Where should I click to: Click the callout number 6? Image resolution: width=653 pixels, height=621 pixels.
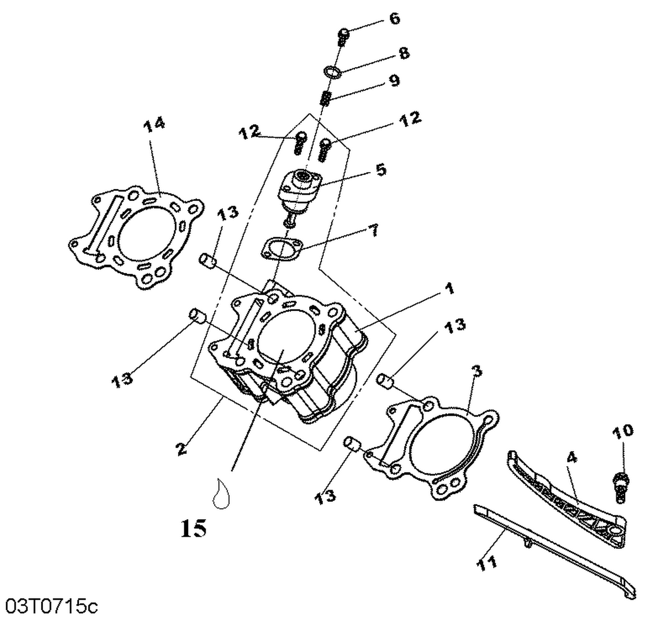point(394,19)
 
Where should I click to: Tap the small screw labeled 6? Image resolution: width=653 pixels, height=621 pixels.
point(343,37)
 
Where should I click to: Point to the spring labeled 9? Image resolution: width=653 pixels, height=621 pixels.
point(326,98)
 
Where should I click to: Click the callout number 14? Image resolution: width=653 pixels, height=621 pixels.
point(154,124)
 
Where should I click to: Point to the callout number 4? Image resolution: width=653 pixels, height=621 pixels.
point(572,457)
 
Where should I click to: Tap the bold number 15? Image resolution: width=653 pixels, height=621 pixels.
point(194,528)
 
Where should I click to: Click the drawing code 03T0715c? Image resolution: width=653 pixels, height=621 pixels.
point(49,606)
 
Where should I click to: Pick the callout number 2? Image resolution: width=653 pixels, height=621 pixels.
point(182,448)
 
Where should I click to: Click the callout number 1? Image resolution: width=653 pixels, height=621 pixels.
point(449,288)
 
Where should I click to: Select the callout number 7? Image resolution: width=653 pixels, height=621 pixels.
point(373,230)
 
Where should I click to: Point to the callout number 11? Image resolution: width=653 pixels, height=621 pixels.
point(487,563)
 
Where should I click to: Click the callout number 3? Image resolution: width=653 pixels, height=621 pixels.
point(478,371)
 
